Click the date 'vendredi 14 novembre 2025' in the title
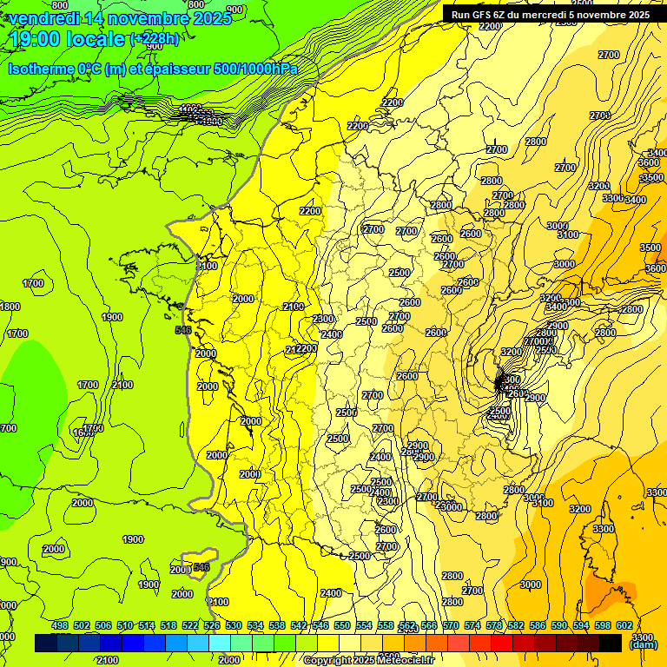(x=121, y=18)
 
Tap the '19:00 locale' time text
(x=68, y=39)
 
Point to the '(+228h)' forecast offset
(x=155, y=39)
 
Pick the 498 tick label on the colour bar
(x=60, y=625)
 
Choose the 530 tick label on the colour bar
(x=234, y=625)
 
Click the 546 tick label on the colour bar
(x=320, y=625)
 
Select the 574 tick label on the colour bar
(x=472, y=625)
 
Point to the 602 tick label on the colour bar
(x=624, y=625)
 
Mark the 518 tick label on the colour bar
(x=168, y=625)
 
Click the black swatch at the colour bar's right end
(x=611, y=643)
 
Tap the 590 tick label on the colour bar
(x=559, y=625)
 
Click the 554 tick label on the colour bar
(x=364, y=625)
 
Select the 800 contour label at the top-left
(x=60, y=6)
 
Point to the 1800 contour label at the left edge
(x=10, y=307)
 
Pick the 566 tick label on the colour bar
(x=429, y=625)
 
